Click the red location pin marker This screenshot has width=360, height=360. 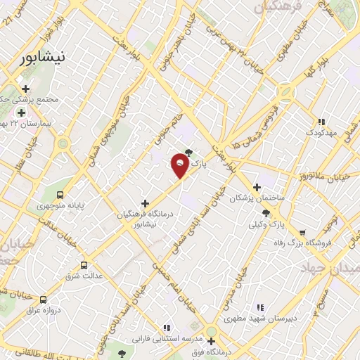(180, 166)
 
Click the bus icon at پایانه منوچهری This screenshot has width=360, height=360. (60, 194)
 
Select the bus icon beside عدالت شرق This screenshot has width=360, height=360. (84, 265)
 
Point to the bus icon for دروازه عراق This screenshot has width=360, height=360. (44, 299)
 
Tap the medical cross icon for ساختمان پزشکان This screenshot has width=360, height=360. (257, 188)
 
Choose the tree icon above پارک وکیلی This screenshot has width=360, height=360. (264, 213)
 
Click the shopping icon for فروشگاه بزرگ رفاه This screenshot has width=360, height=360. (302, 232)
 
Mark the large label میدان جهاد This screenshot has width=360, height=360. (329, 269)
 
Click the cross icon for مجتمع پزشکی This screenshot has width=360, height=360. (25, 89)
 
